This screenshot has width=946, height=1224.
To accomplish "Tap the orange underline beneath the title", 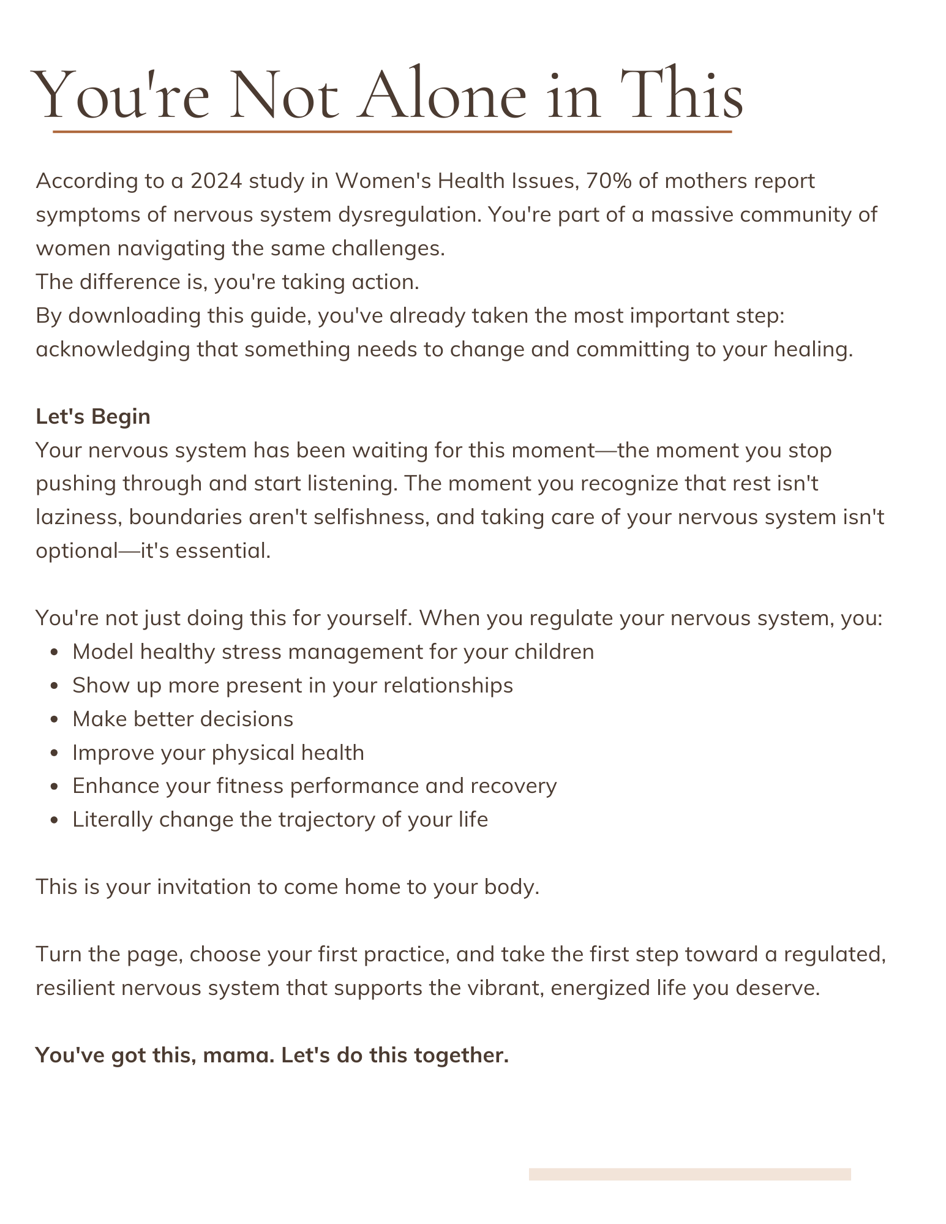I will [x=392, y=132].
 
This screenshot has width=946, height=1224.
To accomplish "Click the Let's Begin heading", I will [x=93, y=416].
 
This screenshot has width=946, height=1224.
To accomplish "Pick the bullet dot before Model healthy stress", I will [x=55, y=653].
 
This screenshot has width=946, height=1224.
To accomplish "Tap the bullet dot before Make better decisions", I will [x=55, y=720].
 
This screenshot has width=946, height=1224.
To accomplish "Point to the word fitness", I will [x=250, y=786].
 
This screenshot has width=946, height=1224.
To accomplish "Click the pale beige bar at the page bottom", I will [x=689, y=1174].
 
